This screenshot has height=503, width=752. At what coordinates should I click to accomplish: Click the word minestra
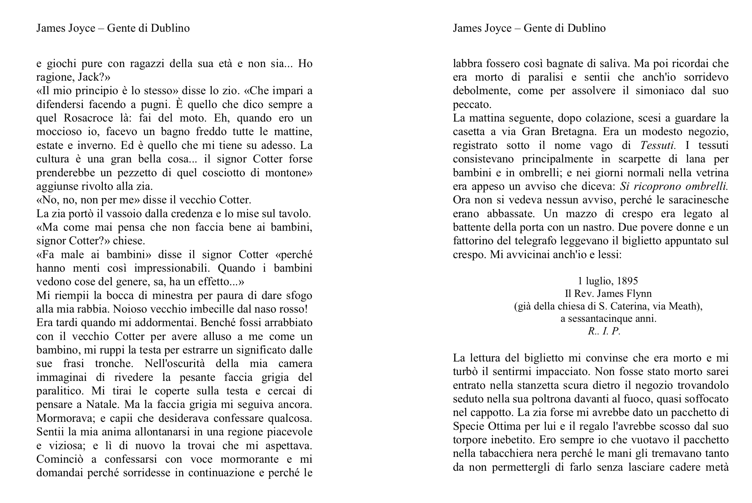coord(172,295)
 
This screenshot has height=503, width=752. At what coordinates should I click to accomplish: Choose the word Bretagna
coord(574,132)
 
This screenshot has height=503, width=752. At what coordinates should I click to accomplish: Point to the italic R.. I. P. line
coord(604,331)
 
